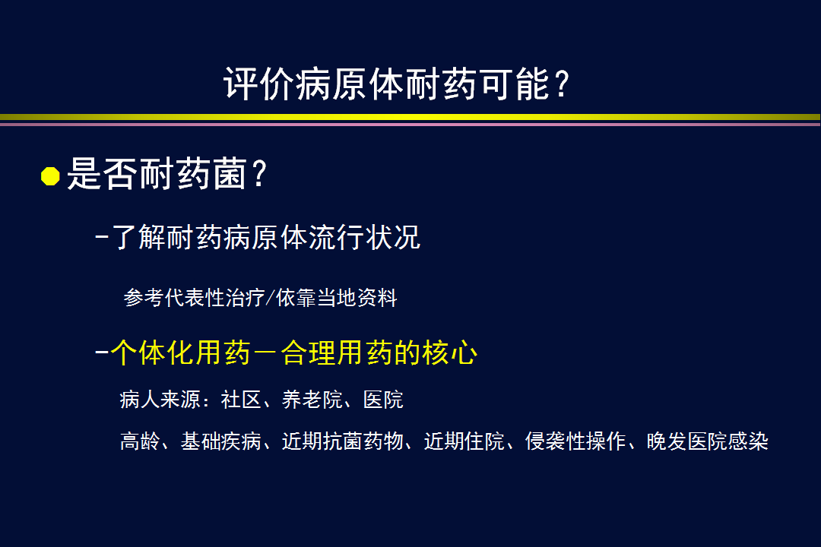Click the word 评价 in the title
tap(259, 84)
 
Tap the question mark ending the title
tap(562, 84)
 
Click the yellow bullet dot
tap(50, 176)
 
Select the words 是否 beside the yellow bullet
tap(103, 173)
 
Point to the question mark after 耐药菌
tap(259, 173)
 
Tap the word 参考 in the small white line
tap(144, 297)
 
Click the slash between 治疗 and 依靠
tap(270, 297)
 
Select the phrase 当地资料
tap(357, 297)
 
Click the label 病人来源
tap(160, 400)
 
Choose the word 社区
tap(241, 400)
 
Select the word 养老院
tap(312, 400)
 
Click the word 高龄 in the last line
tap(140, 441)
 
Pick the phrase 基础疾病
tap(221, 441)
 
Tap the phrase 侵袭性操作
tap(575, 441)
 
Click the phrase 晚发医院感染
tap(708, 441)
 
